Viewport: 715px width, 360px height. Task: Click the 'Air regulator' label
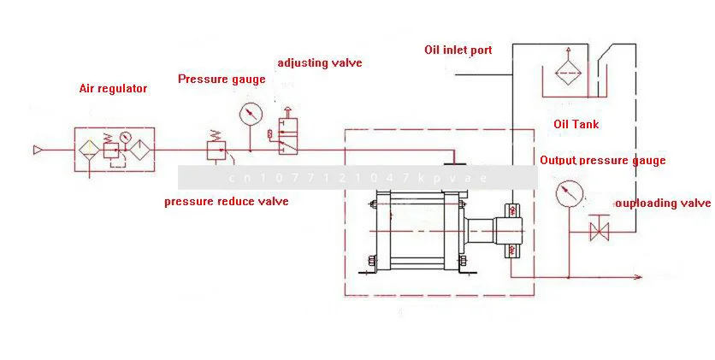point(113,88)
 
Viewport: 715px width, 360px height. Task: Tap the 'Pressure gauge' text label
point(222,80)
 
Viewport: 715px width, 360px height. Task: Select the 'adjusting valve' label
point(320,63)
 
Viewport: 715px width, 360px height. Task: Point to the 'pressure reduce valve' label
point(226,202)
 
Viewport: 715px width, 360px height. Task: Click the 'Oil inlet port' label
point(458,50)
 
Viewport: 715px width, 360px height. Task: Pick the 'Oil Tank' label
point(576,125)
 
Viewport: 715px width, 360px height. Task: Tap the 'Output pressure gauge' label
point(602,160)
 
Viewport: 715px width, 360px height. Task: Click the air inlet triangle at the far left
point(38,151)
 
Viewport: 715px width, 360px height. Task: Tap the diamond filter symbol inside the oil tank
point(566,69)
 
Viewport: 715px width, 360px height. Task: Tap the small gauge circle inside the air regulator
point(126,138)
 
